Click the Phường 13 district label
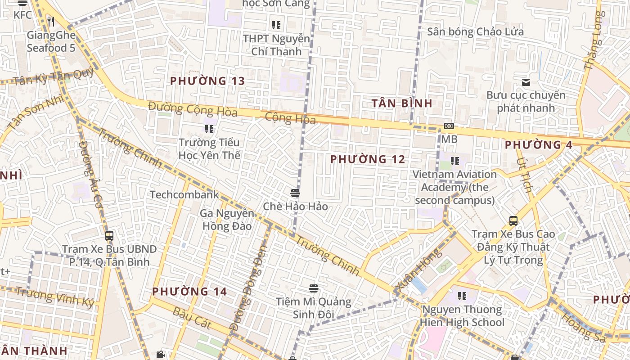tap(207, 81)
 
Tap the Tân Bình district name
tap(402, 103)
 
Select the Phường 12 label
tap(368, 159)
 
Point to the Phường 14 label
tap(189, 291)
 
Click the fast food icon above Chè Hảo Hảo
tap(295, 193)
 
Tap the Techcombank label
tap(184, 194)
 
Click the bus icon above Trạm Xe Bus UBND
tap(109, 235)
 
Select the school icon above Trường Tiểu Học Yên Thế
tap(209, 129)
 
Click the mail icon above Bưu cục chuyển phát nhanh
tap(526, 82)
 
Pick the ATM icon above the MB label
tap(449, 126)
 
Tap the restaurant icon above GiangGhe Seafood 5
tap(51, 21)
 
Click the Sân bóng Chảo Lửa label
tap(475, 32)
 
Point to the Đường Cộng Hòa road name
tap(193, 109)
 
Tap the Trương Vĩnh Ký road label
tap(55, 297)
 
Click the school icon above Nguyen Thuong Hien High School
tap(462, 296)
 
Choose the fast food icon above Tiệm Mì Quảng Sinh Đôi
tap(314, 288)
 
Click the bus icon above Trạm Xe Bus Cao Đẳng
tap(513, 221)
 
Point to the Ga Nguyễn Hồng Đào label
tap(227, 220)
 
